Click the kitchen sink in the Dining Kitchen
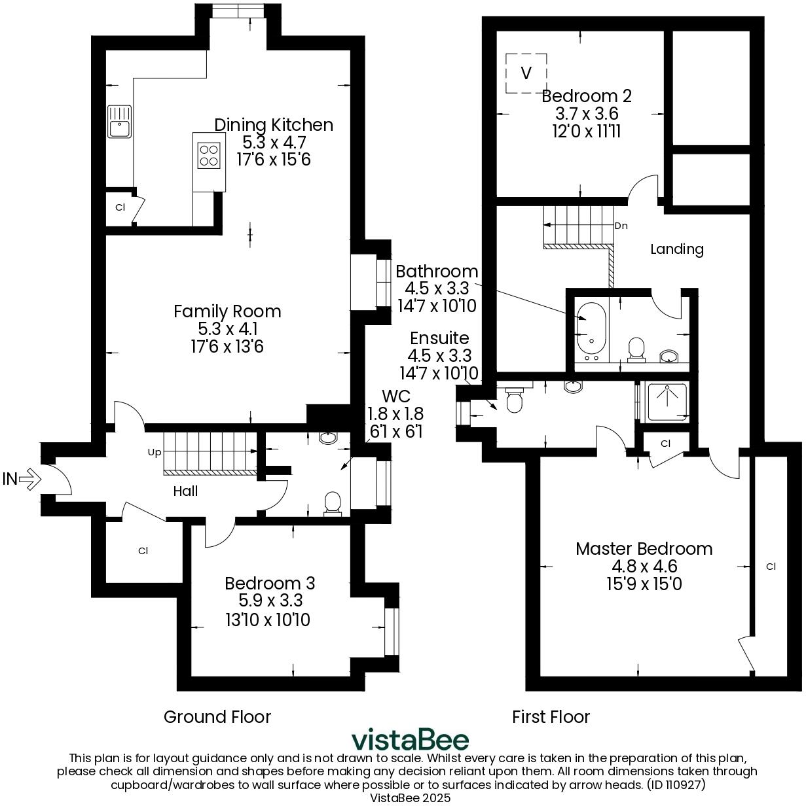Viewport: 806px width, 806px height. click(119, 122)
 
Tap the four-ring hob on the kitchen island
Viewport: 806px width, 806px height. click(209, 155)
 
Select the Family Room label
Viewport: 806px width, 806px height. click(227, 311)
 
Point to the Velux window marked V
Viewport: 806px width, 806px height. click(526, 73)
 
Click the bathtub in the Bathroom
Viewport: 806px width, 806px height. click(592, 327)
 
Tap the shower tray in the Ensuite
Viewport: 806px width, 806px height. click(667, 401)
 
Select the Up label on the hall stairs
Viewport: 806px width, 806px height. click(155, 452)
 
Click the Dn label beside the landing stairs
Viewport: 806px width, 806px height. click(621, 226)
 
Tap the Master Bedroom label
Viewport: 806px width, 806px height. click(644, 549)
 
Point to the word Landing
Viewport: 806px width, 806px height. click(677, 249)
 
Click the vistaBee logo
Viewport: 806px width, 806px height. click(411, 740)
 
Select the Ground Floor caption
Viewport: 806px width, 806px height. click(217, 717)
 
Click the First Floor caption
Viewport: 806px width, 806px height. click(551, 717)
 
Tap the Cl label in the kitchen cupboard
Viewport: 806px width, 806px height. click(120, 207)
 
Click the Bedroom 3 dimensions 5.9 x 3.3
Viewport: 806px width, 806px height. click(269, 601)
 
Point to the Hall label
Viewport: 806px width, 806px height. click(185, 491)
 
